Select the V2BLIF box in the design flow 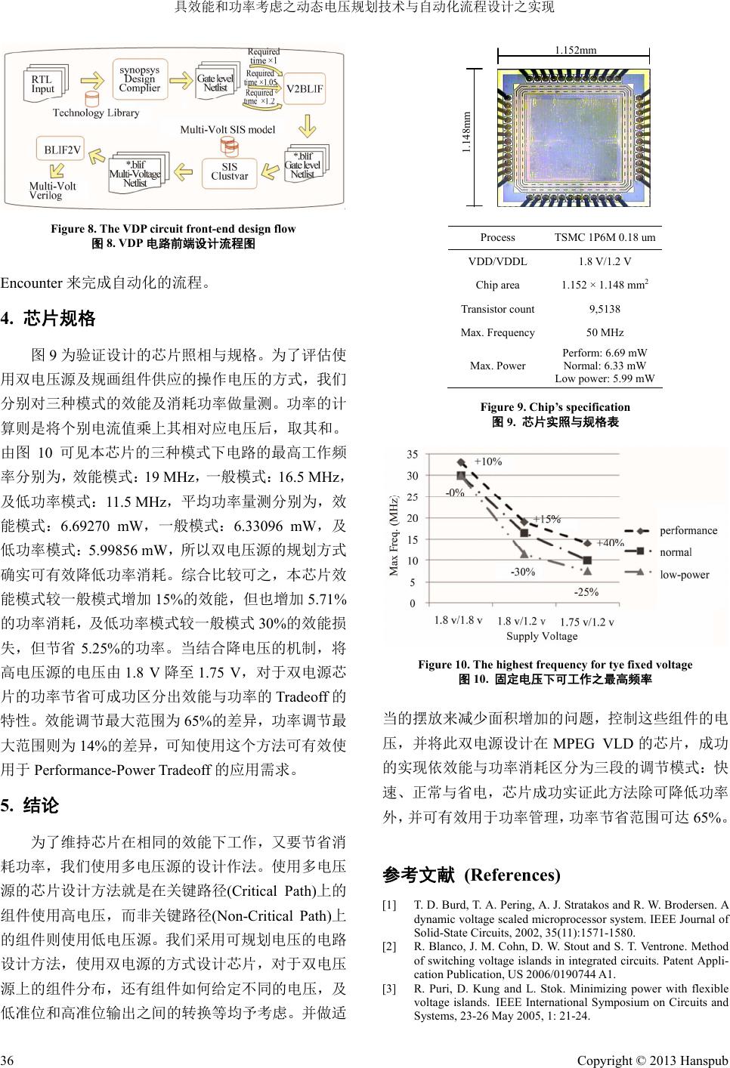point(304,88)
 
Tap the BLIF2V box point(61,149)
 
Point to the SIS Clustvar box point(229,171)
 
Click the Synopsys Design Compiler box point(139,79)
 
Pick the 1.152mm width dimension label point(575,50)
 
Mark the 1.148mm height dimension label point(466,133)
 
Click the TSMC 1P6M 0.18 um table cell point(605,237)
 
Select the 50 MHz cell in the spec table point(605,332)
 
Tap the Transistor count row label point(497,309)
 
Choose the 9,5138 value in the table point(605,309)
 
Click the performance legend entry point(688,530)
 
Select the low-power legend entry point(685,574)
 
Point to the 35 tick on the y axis point(412,455)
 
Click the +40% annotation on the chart point(610,542)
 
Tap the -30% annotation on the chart point(523,572)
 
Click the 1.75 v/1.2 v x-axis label point(586,622)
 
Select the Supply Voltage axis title point(541,636)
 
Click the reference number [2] point(388,946)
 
